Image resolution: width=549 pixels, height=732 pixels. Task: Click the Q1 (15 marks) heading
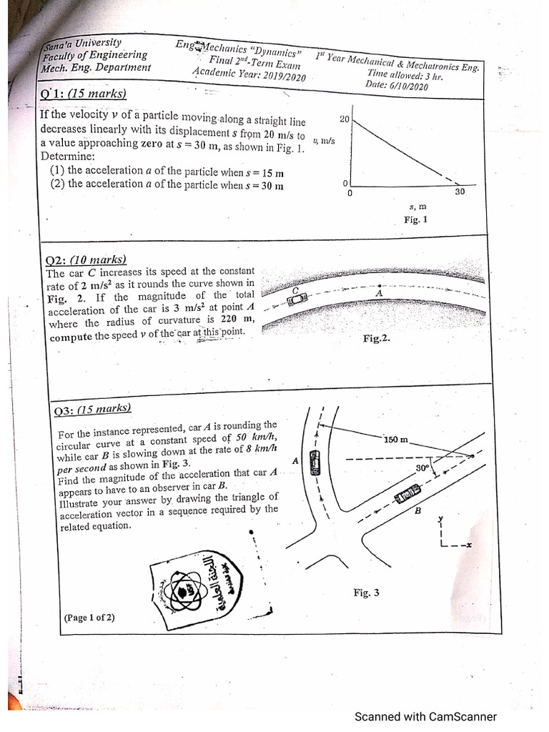(x=83, y=94)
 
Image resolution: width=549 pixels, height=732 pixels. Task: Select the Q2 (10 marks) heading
(x=86, y=260)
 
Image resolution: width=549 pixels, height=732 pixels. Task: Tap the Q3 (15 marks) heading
(x=92, y=410)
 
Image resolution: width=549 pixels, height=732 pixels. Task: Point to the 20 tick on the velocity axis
(x=344, y=119)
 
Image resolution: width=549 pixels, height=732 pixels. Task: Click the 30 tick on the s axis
(x=460, y=192)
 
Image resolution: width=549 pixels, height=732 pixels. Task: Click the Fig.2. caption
(x=377, y=338)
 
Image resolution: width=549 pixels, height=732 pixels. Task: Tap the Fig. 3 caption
(x=366, y=593)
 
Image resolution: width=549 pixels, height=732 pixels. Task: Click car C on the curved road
(x=296, y=298)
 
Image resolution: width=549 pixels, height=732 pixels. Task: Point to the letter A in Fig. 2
(x=379, y=293)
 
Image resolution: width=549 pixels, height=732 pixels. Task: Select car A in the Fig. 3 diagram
(x=315, y=464)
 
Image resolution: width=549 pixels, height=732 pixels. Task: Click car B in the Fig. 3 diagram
(x=409, y=493)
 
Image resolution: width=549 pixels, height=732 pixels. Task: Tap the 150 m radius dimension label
(x=395, y=440)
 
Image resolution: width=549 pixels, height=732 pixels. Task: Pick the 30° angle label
(x=422, y=468)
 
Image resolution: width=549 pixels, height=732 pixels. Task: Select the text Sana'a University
(x=81, y=44)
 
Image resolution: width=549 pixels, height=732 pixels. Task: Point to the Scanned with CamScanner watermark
(x=425, y=716)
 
